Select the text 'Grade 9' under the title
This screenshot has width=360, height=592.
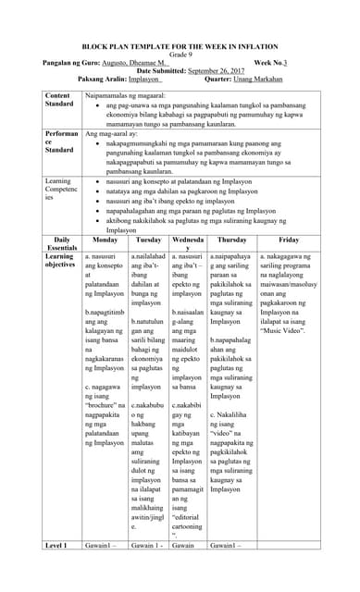coord(179,53)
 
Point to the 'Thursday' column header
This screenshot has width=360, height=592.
coord(232,239)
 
